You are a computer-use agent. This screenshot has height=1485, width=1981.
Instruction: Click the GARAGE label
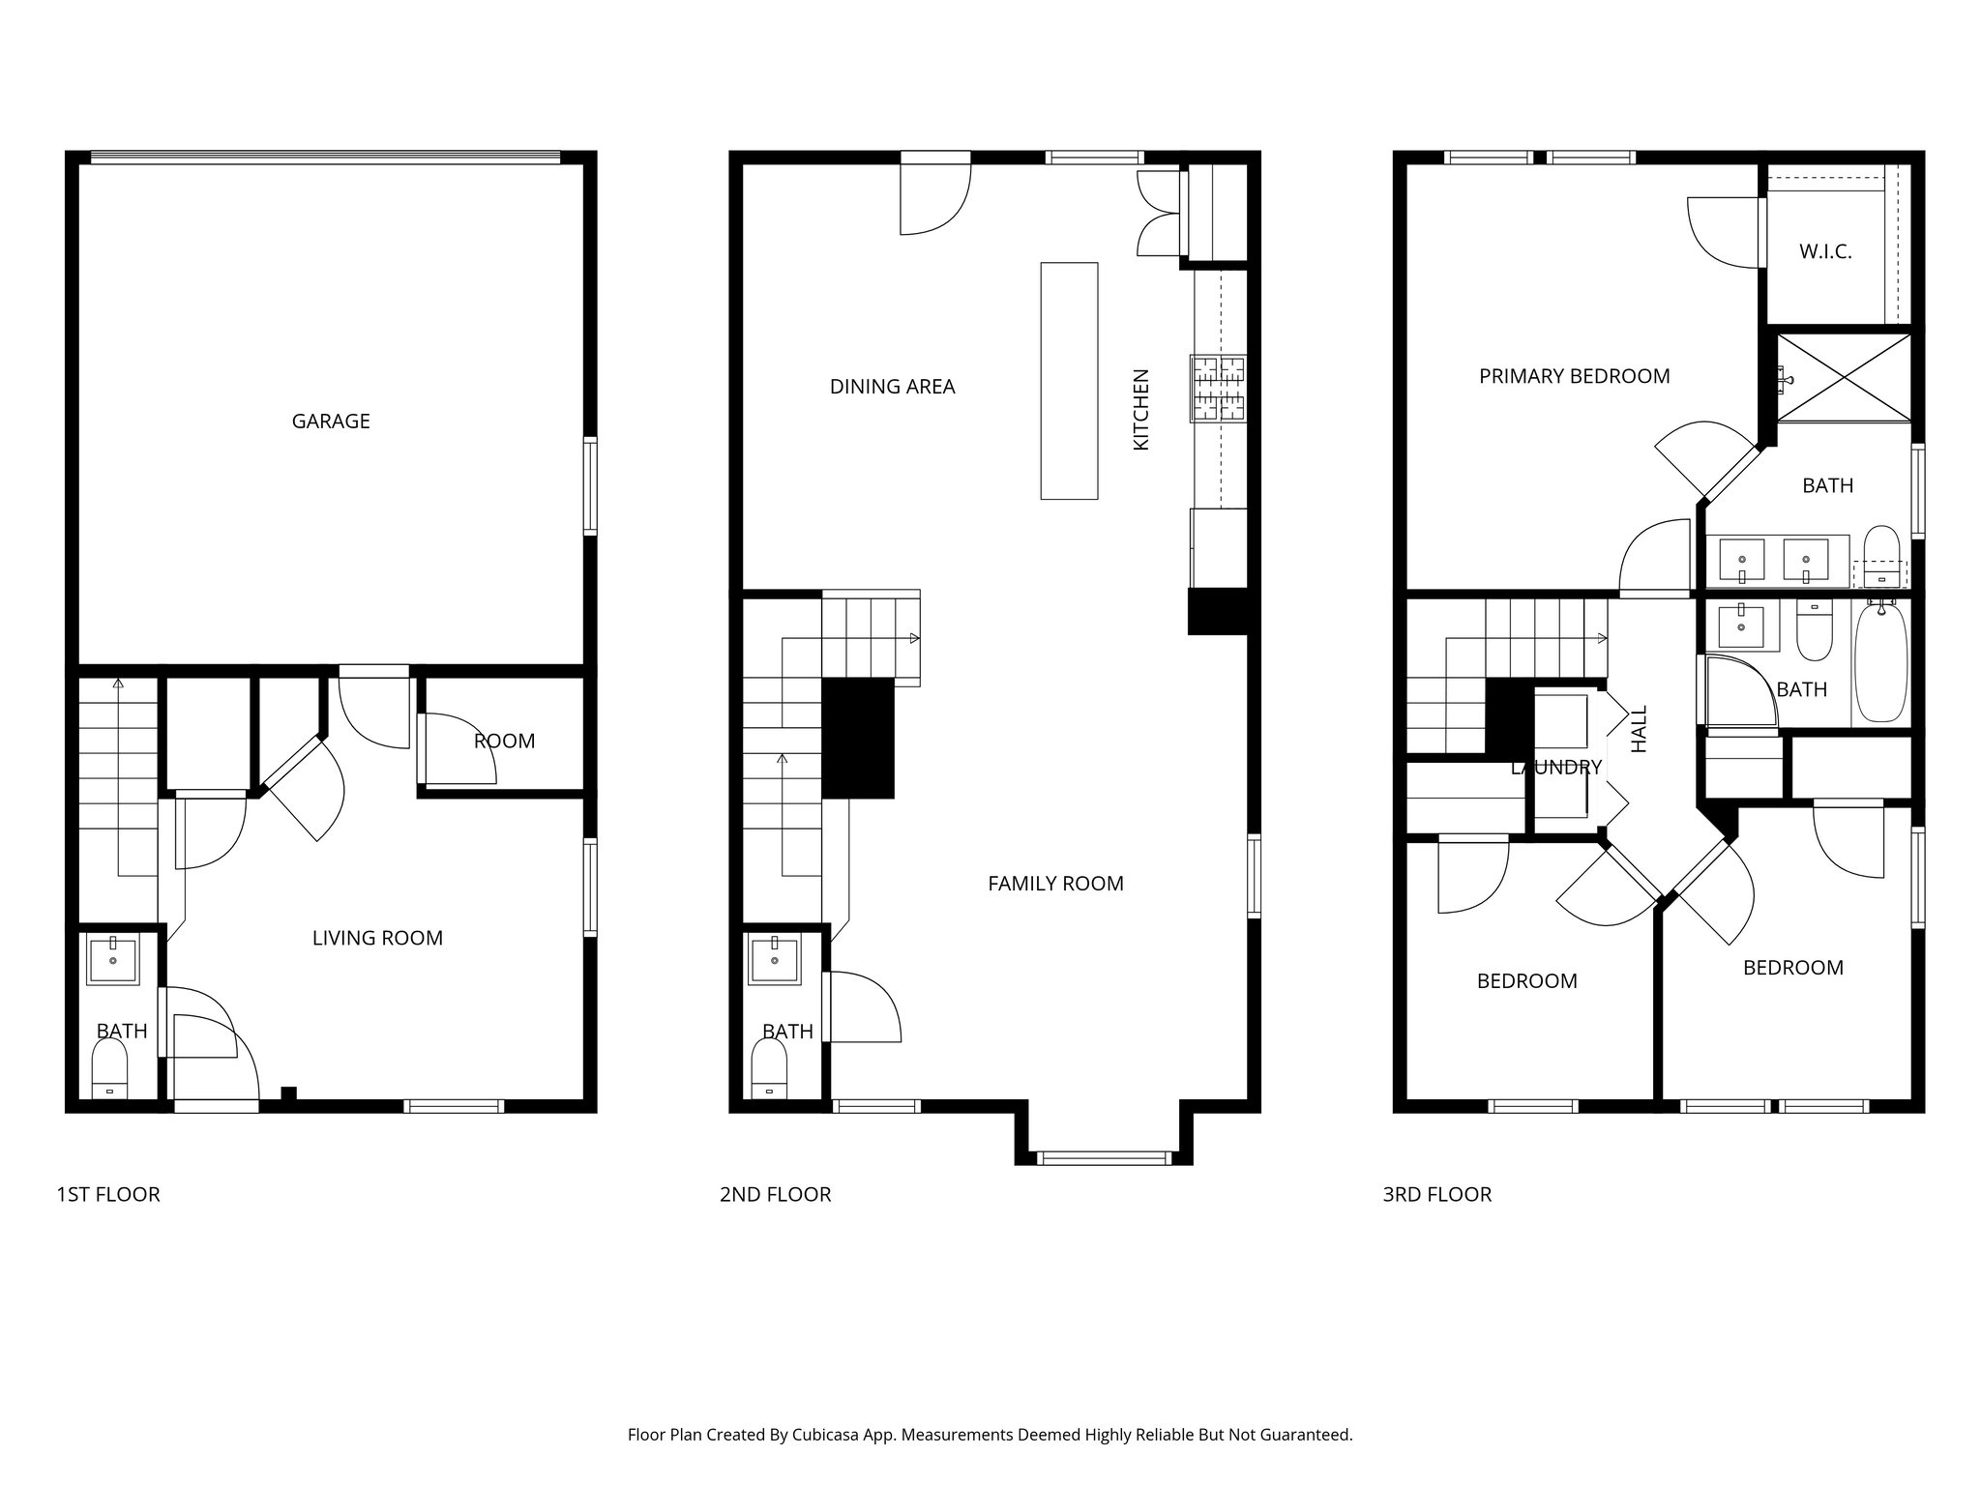click(x=331, y=421)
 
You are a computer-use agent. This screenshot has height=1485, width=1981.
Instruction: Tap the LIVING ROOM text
click(x=377, y=938)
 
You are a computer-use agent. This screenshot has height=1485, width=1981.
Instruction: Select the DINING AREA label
click(x=892, y=387)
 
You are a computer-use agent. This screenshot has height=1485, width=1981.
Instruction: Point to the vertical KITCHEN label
click(x=1141, y=409)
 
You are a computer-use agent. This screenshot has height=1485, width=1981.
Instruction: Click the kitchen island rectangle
click(x=1069, y=380)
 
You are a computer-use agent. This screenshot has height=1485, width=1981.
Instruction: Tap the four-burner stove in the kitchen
click(x=1219, y=389)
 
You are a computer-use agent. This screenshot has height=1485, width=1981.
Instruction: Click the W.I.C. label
click(x=1825, y=252)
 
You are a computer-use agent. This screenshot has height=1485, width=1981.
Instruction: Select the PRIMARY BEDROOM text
click(x=1574, y=376)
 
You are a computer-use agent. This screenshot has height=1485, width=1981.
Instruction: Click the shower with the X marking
click(x=1845, y=378)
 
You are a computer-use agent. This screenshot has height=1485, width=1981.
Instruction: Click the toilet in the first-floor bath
click(x=109, y=1074)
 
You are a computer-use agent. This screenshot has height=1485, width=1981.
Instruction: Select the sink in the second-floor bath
click(x=776, y=960)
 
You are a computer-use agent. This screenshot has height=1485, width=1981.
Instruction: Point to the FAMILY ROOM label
click(x=1055, y=884)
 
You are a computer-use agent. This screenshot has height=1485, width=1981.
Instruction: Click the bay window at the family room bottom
click(x=1104, y=1157)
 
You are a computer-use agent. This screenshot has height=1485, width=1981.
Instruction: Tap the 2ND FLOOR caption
click(x=775, y=1195)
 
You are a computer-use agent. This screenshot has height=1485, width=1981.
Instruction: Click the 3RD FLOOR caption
click(x=1436, y=1195)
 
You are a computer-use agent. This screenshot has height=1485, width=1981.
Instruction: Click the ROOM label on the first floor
click(x=504, y=742)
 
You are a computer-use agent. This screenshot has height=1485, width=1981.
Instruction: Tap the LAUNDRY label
click(x=1556, y=768)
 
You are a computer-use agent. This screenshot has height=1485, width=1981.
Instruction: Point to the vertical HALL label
click(x=1639, y=729)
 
